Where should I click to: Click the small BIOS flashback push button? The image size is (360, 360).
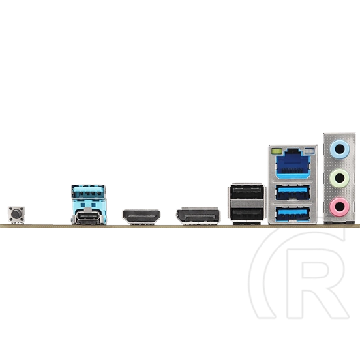point(16,215)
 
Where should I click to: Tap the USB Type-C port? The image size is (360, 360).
point(87,217)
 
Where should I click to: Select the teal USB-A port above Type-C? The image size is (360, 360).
point(89,192)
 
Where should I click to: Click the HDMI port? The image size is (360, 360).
point(142,217)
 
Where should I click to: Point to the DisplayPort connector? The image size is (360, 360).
point(198,216)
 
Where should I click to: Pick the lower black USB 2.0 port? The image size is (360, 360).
point(247,215)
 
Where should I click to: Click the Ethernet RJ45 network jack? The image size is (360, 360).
point(293,164)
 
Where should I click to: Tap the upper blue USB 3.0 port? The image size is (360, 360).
point(293,192)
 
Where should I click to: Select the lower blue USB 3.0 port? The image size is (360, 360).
point(293,214)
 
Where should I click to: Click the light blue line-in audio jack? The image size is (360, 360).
point(340,149)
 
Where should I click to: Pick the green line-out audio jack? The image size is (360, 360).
point(340,178)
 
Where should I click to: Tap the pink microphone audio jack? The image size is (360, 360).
point(340,207)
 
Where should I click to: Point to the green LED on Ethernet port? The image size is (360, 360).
point(277,151)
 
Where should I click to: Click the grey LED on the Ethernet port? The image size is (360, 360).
point(309,151)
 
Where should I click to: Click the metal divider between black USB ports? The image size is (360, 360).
point(247,203)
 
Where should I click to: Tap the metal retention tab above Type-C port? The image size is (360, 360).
point(87,209)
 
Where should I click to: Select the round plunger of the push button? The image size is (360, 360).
point(16,214)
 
